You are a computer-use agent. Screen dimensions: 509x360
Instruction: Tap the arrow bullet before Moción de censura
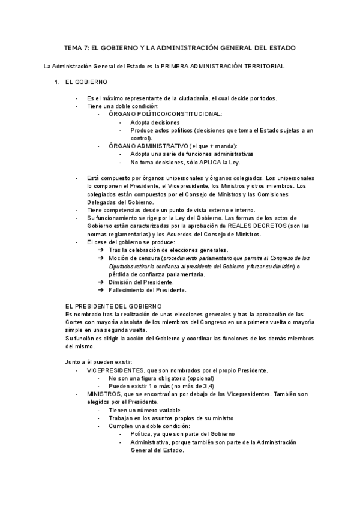tap(101, 258)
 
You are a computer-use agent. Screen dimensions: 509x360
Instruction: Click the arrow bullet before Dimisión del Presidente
tap(101, 282)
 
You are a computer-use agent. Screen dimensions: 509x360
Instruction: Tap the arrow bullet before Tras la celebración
tap(101, 250)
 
